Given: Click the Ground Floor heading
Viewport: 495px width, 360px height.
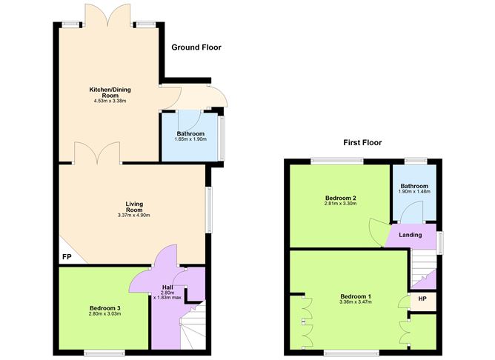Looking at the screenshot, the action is click(196, 47).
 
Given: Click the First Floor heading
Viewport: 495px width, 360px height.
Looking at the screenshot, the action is click(362, 143).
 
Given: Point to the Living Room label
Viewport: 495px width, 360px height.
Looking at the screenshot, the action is click(134, 207).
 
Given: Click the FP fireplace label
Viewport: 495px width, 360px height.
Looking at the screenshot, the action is click(67, 257).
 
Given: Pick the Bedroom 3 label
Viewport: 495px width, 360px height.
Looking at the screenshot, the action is click(104, 308).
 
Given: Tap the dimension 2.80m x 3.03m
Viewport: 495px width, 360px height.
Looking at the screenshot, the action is click(104, 313).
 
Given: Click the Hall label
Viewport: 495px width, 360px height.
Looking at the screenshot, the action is click(167, 287).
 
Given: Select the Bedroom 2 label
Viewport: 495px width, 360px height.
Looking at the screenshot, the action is click(341, 198).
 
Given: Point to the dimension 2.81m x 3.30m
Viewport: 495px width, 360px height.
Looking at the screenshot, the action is click(340, 204).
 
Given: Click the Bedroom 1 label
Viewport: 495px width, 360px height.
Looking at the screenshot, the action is click(356, 296).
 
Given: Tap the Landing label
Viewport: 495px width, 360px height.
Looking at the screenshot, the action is click(410, 235).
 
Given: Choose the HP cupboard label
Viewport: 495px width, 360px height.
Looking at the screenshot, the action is click(422, 299).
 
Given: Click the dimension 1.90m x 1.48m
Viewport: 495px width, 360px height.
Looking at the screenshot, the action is click(414, 192).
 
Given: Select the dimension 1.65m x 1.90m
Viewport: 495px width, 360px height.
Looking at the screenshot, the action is click(190, 139).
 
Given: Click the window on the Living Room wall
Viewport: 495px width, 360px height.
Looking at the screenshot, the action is click(209, 210).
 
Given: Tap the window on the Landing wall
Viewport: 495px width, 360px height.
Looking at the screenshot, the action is click(439, 243).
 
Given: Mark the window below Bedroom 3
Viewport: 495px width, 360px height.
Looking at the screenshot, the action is click(104, 353).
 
